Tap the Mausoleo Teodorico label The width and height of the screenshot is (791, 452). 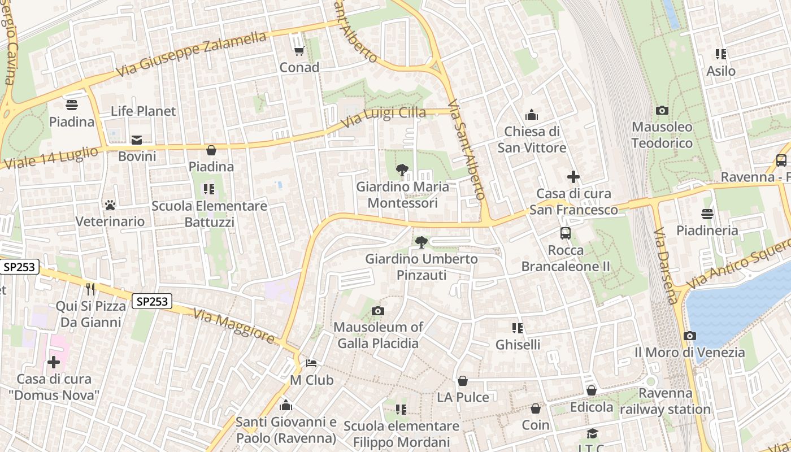tap(662, 135)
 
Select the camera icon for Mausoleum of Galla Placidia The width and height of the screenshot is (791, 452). tap(378, 311)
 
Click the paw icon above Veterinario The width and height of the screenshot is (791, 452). tap(110, 205)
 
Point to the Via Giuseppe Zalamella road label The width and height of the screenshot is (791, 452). tap(191, 55)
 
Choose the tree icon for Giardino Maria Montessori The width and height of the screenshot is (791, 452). tap(402, 169)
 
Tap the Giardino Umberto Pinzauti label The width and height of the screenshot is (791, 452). tap(421, 267)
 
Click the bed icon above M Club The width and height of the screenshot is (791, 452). tap(311, 363)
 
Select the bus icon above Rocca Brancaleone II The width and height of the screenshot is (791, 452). tap(565, 233)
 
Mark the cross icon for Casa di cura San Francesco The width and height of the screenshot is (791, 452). tap(573, 177)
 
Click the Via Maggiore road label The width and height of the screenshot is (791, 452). tap(234, 326)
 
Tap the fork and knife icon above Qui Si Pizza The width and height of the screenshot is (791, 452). tap(90, 289)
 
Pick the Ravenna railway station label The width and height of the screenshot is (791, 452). tap(666, 401)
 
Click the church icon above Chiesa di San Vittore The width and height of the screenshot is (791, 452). tap(532, 115)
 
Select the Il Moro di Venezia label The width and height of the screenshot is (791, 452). tap(689, 353)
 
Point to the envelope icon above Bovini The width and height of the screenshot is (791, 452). tap(137, 140)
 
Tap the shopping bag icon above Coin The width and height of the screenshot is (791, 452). tap(536, 408)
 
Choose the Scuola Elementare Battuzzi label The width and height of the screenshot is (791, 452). tap(209, 214)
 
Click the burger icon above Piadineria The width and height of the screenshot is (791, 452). tap(707, 214)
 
